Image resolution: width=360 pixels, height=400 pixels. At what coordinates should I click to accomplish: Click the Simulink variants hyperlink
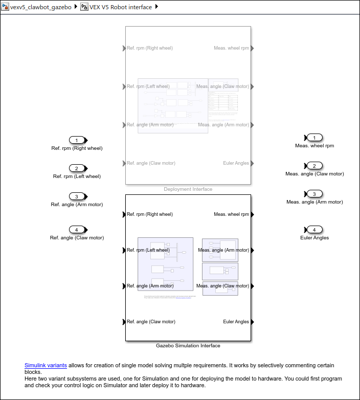[x=46, y=365]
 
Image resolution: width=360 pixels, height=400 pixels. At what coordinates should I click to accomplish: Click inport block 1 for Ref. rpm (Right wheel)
[x=77, y=140]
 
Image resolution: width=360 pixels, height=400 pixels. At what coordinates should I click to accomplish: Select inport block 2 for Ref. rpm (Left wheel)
[x=77, y=168]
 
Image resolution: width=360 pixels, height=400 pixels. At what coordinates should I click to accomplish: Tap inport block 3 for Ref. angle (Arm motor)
[x=77, y=196]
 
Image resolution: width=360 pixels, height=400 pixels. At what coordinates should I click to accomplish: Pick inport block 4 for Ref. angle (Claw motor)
[x=77, y=230]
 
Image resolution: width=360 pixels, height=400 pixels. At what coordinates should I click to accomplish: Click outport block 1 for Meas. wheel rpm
[x=314, y=138]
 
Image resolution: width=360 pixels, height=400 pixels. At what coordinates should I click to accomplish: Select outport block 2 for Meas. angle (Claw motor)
[x=314, y=166]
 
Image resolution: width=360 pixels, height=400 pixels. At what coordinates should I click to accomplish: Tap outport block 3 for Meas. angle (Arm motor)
[x=314, y=194]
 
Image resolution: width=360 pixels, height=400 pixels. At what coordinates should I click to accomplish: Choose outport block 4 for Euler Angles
[x=314, y=230]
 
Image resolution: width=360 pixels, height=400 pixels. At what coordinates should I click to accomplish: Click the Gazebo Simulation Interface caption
[x=188, y=346]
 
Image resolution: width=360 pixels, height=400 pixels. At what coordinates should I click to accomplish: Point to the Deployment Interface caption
[x=188, y=189]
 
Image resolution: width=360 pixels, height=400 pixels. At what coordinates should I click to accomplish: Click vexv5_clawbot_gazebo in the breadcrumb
[x=40, y=7]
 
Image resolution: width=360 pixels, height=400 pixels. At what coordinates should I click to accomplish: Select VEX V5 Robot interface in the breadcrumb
[x=120, y=7]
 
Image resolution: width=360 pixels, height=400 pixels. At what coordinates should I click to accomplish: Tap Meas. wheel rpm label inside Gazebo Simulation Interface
[x=231, y=214]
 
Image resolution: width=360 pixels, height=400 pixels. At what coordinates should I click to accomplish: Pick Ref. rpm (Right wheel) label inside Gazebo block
[x=150, y=214]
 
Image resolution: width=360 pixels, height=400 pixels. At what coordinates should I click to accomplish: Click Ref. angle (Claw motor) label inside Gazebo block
[x=151, y=322]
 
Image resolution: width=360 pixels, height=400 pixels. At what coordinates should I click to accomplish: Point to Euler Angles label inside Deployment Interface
[x=236, y=163]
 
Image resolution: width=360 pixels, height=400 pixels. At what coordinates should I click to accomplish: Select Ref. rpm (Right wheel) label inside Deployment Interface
[x=150, y=48]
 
